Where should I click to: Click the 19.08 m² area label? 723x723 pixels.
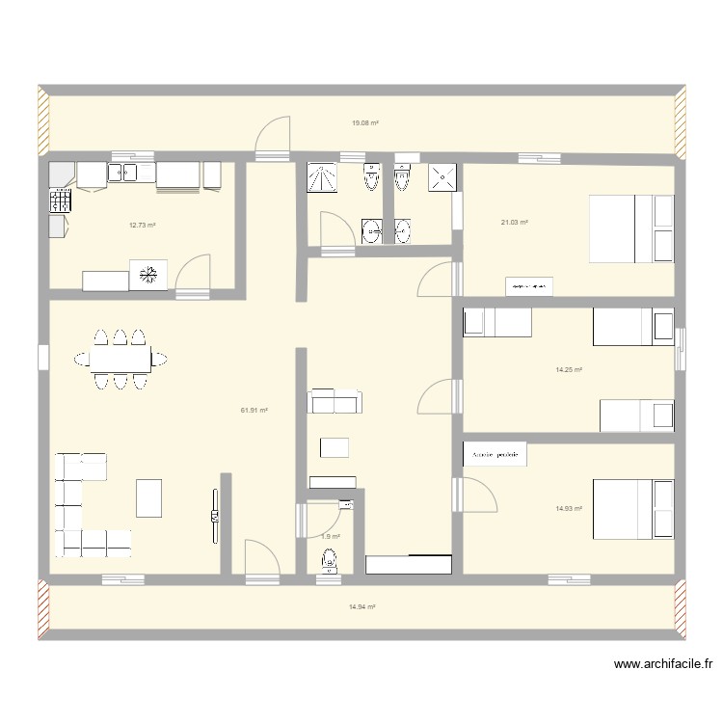364,123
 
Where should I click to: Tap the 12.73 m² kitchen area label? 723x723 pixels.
143,227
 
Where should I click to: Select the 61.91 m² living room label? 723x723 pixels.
254,410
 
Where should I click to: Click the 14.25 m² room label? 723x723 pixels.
568,369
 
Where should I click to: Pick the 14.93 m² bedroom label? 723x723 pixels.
568,508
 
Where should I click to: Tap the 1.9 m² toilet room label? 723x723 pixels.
331,536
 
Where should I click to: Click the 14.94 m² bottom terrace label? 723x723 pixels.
361,606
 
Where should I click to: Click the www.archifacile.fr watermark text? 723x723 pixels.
665,664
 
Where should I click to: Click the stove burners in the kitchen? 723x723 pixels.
61,200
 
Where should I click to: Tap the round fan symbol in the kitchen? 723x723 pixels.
149,274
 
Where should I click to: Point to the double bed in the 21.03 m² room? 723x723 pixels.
630,228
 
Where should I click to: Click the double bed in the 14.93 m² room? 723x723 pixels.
632,508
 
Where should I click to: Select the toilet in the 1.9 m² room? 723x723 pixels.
330,560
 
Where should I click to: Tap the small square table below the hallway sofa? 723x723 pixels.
335,447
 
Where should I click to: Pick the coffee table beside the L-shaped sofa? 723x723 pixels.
149,497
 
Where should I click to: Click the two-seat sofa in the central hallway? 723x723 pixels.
334,402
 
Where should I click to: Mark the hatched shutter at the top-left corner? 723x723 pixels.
43,120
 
